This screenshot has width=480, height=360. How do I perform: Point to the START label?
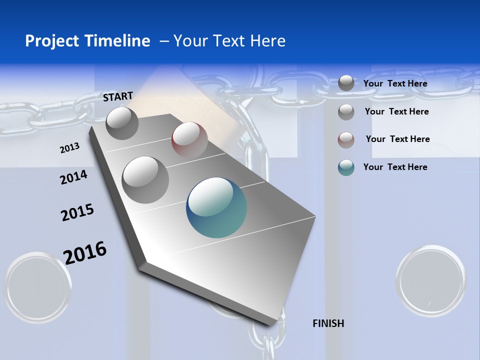click(x=118, y=96)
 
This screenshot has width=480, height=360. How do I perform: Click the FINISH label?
click(x=328, y=323)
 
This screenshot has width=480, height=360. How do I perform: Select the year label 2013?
click(x=69, y=148)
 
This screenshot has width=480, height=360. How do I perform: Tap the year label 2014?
click(x=73, y=177)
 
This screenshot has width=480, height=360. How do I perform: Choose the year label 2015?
click(x=77, y=212)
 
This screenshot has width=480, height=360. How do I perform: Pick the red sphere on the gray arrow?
click(x=189, y=140)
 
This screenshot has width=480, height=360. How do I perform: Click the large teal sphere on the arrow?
click(x=216, y=207)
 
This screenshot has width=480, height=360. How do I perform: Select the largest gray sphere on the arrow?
click(x=145, y=179)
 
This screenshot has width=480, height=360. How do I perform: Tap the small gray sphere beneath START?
click(x=122, y=123)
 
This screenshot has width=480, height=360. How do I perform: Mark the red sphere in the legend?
click(x=346, y=140)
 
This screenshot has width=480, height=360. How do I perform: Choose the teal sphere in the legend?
click(x=346, y=167)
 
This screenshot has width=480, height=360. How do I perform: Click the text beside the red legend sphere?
click(x=397, y=139)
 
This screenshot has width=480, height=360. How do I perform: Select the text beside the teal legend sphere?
click(x=395, y=167)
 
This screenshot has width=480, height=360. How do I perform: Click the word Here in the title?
click(x=267, y=41)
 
